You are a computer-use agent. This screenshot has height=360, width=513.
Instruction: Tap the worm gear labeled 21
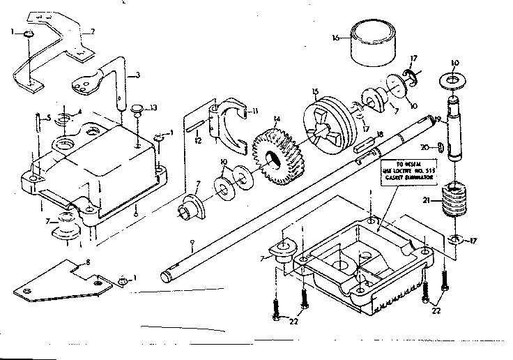453,203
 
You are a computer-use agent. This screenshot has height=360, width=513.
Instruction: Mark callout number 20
434,147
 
